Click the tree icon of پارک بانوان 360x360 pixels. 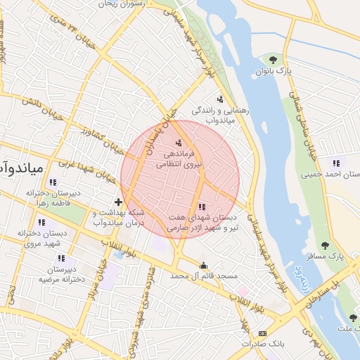pos(272,59)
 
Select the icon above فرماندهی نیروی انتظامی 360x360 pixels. pos(177,143)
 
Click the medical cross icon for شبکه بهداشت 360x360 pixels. pos(118,202)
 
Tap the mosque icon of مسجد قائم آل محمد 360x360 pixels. pos(204,265)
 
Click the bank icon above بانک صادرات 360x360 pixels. pos(262,333)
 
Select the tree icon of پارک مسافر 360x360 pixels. pos(324,245)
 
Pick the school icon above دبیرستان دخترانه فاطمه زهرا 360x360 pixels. pos(53,182)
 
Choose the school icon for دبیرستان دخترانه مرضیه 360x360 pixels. pos(61,258)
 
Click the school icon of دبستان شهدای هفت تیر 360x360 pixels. pos(202,206)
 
